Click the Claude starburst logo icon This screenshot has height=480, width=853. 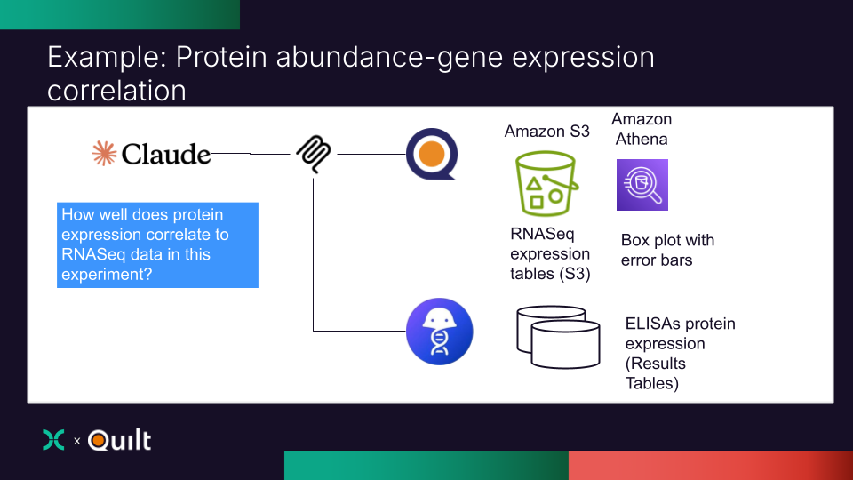pyautogui.click(x=104, y=154)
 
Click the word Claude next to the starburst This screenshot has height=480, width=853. pyautogui.click(x=166, y=155)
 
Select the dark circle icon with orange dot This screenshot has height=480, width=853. pyautogui.click(x=431, y=155)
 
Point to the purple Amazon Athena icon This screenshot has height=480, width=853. pyautogui.click(x=642, y=185)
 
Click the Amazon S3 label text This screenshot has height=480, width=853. pyautogui.click(x=546, y=131)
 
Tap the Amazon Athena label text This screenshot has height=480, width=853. pyautogui.click(x=642, y=129)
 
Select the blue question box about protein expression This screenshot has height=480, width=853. pyautogui.click(x=158, y=244)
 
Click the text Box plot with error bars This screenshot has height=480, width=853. pyautogui.click(x=667, y=250)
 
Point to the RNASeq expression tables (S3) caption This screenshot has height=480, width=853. pyautogui.click(x=550, y=254)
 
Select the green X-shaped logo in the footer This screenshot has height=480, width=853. pyautogui.click(x=53, y=440)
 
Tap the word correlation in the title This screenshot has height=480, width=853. pyautogui.click(x=116, y=91)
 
